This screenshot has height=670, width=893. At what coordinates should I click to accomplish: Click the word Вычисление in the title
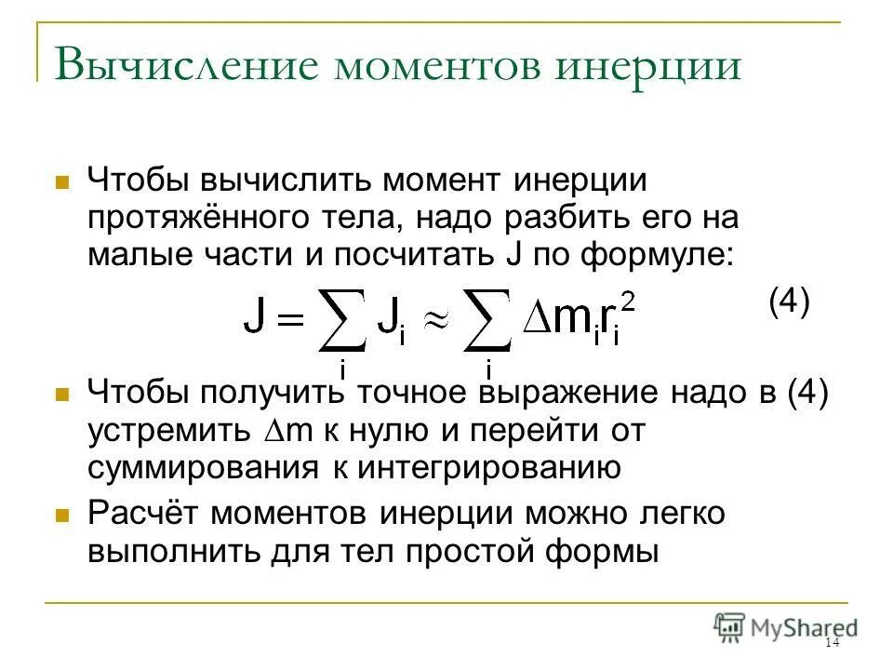(x=186, y=67)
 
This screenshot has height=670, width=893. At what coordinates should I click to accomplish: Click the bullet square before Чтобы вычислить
(x=63, y=181)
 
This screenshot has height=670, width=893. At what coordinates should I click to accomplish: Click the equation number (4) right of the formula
(x=789, y=302)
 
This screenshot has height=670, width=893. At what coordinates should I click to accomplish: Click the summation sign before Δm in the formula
(x=487, y=321)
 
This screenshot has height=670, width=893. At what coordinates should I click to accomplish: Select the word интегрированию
(x=486, y=468)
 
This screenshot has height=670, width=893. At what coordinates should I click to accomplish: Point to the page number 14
(x=831, y=644)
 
